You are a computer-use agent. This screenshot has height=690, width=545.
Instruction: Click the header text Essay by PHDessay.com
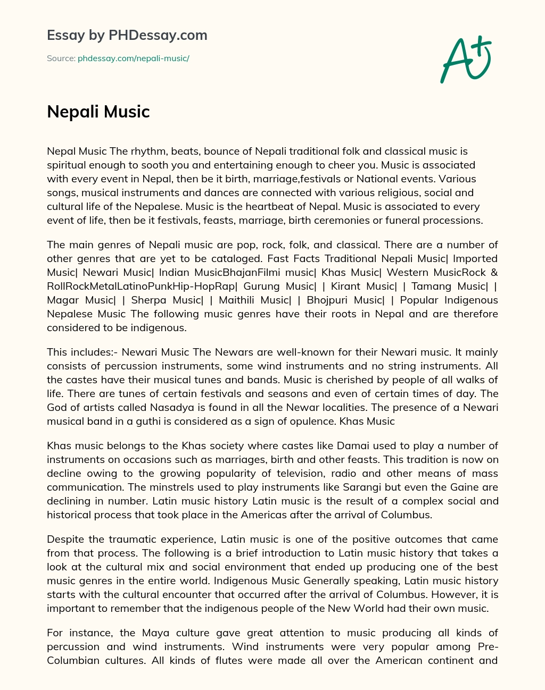pyautogui.click(x=127, y=36)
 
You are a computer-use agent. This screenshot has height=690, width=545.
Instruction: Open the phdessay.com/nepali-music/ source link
pyautogui.click(x=134, y=58)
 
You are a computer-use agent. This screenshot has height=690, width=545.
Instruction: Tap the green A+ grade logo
pyautogui.click(x=466, y=59)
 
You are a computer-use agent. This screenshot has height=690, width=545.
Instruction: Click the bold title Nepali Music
pyautogui.click(x=98, y=112)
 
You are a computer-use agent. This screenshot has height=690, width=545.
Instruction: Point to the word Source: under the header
pyautogui.click(x=61, y=58)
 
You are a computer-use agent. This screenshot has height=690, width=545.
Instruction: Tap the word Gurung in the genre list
pyautogui.click(x=262, y=286)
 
